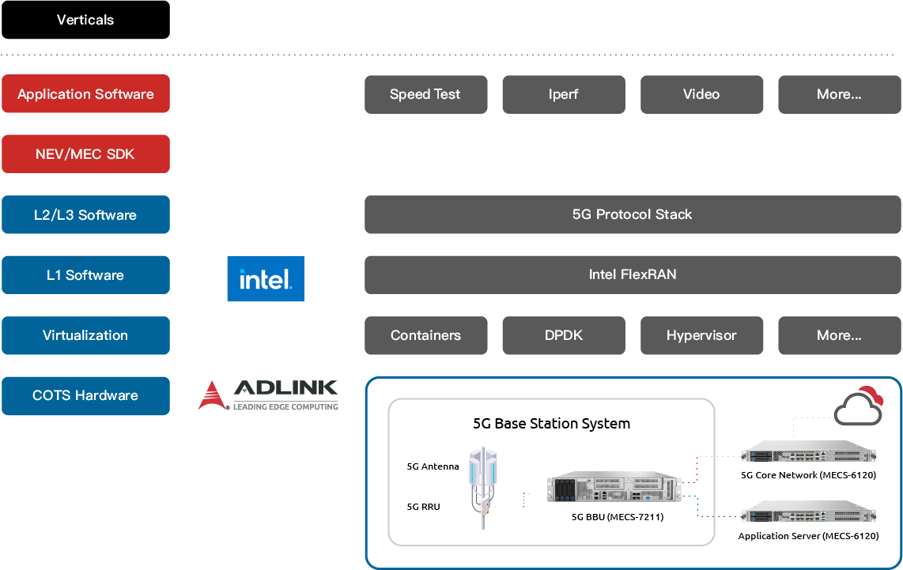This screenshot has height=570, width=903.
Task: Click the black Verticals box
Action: pos(86,20)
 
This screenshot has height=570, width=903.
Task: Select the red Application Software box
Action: pos(86,93)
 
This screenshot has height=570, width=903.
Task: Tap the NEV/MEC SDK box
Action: pos(86,153)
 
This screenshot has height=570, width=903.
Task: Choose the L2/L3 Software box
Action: pos(86,214)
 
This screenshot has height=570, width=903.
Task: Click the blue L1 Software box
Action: pos(86,274)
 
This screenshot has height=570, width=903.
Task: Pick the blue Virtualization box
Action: pos(86,335)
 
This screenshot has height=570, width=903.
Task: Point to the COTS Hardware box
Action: pos(86,395)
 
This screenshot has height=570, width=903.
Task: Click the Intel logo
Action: pos(266,278)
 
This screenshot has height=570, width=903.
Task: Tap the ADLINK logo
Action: pos(268,395)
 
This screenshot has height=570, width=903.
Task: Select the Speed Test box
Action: pos(425,94)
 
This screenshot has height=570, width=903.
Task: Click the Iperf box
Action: pos(564,94)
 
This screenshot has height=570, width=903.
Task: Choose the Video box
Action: pos(701,94)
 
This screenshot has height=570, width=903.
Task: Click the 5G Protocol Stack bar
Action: pos(633,214)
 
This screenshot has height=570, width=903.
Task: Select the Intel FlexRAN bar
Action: pos(633,274)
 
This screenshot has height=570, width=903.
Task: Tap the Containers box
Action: pos(425,335)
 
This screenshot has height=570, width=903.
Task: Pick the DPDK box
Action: pos(564,335)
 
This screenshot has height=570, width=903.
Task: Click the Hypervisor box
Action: pos(701,335)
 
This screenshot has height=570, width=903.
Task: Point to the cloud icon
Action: pos(859,406)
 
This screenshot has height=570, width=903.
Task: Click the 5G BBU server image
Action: pos(614,489)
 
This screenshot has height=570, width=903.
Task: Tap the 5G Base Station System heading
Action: pos(552,424)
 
